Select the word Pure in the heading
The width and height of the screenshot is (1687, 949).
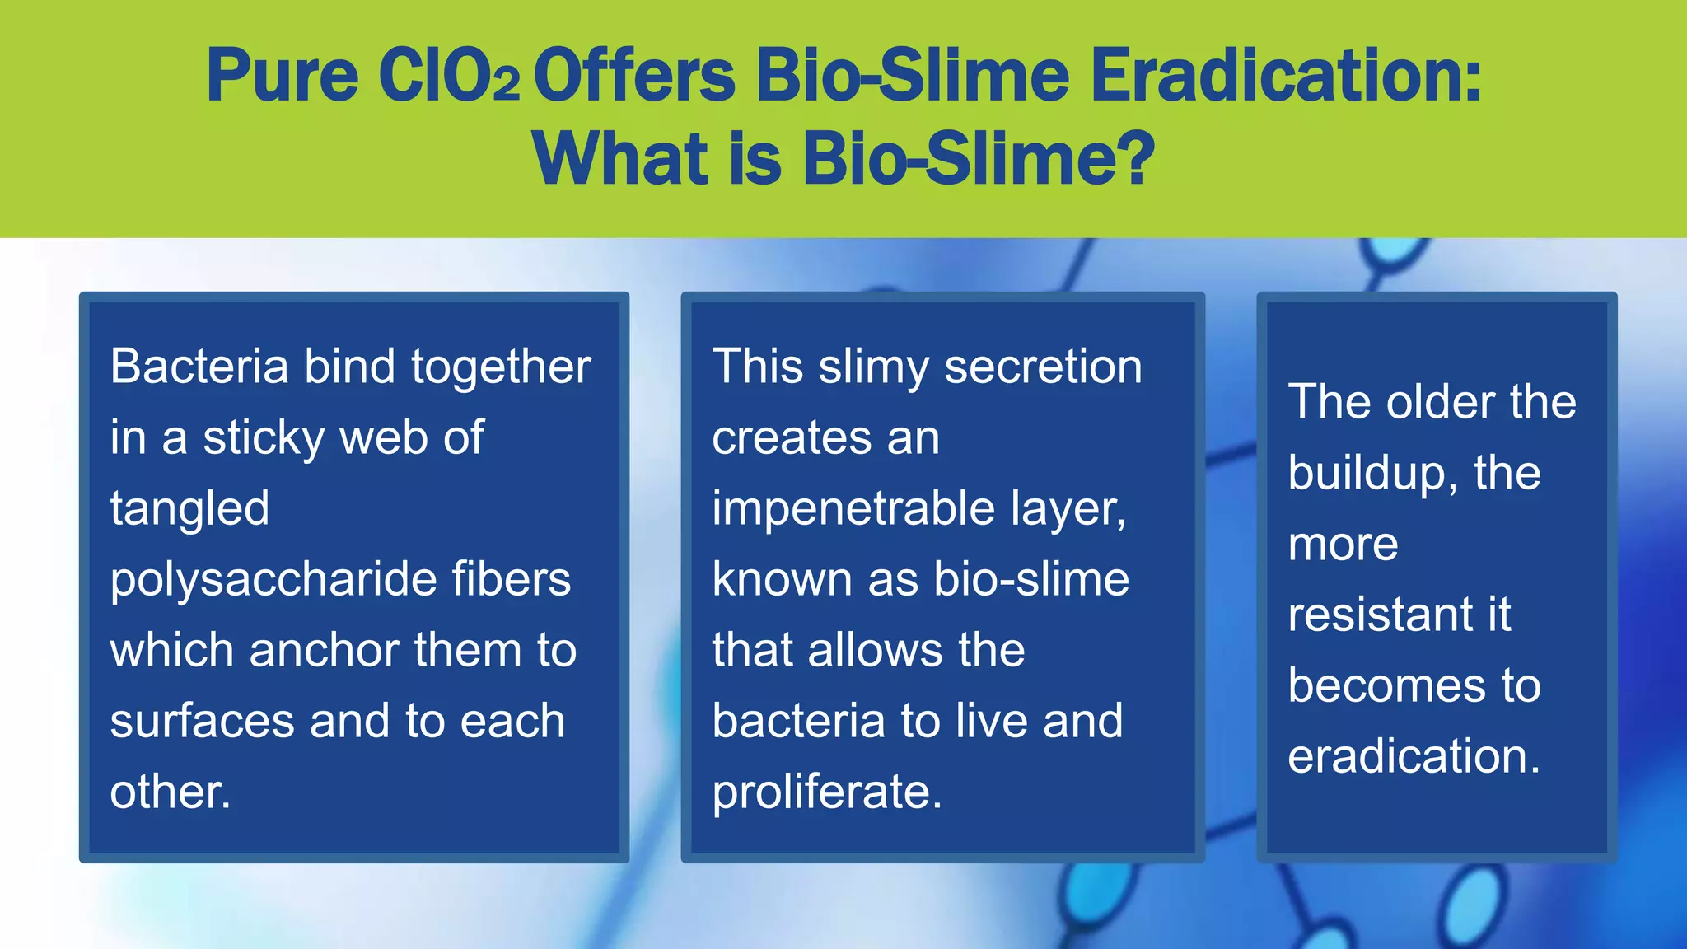[282, 76]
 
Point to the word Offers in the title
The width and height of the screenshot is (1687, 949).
[634, 76]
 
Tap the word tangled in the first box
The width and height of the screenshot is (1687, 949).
[189, 509]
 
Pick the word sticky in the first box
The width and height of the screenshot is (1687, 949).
[264, 438]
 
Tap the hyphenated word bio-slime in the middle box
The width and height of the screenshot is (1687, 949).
[1031, 579]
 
